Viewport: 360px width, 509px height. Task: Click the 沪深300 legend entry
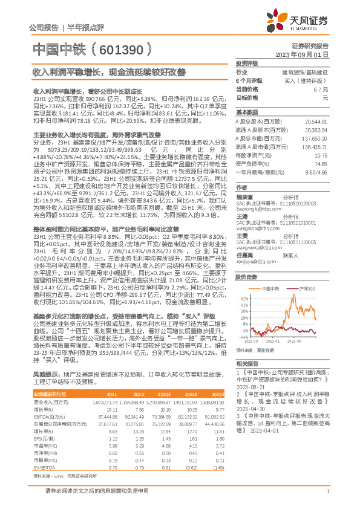pos(308,290)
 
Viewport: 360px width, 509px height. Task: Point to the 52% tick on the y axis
pos(244,299)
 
